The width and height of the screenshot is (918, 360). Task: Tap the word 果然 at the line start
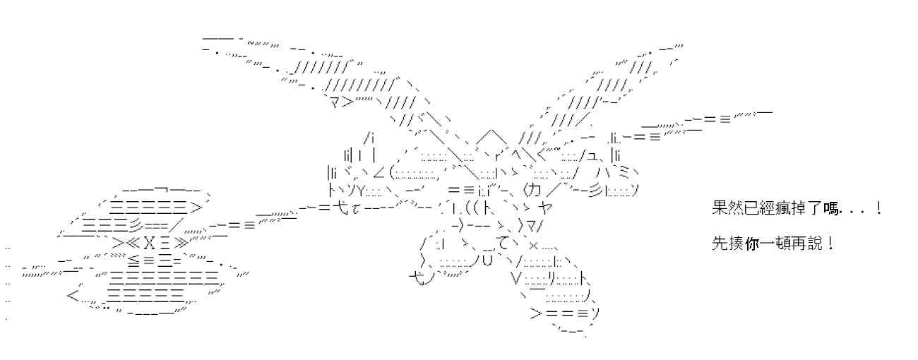click(x=727, y=208)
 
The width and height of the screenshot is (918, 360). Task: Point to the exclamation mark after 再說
click(x=831, y=244)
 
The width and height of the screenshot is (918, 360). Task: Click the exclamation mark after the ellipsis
click(x=878, y=208)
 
